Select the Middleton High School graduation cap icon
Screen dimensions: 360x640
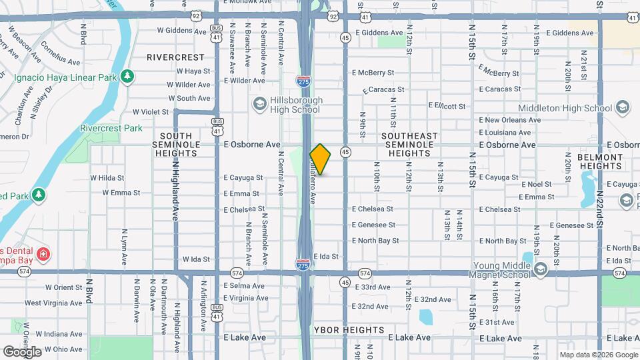[622, 107]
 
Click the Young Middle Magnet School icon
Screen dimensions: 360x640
[540, 269]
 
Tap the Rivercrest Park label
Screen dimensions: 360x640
[111, 128]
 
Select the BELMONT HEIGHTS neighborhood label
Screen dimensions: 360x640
[600, 161]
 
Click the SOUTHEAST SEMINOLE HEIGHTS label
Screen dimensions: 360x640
[409, 145]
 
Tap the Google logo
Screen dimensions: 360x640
[22, 351]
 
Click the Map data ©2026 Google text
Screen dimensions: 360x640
[597, 355]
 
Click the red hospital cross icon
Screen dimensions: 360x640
[43, 254]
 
